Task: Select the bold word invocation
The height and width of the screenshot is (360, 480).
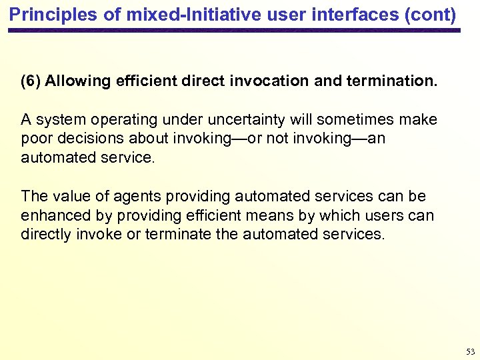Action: coord(269,81)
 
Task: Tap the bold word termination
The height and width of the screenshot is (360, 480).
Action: coord(393,81)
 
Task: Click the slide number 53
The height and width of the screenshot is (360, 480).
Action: coord(470,351)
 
